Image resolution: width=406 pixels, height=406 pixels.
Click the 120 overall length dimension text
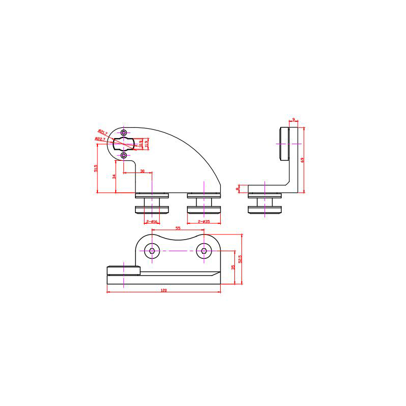pyautogui.click(x=164, y=290)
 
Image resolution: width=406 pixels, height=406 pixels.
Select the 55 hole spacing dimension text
pyautogui.click(x=178, y=228)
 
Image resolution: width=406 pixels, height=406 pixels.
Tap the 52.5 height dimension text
pyautogui.click(x=240, y=259)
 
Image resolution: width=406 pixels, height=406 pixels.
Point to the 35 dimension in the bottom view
pyautogui.click(x=232, y=267)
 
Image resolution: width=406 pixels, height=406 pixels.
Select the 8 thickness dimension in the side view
pyautogui.click(x=238, y=189)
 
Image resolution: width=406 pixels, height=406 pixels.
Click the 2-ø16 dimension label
pyautogui.click(x=152, y=222)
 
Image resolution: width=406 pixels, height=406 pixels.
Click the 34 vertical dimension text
pyautogui.click(x=114, y=177)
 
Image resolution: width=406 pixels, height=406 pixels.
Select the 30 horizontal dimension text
pyautogui.click(x=143, y=172)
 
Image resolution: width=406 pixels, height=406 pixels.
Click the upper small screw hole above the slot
pyautogui.click(x=124, y=132)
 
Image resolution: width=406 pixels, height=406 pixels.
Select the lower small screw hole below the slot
pyautogui.click(x=124, y=155)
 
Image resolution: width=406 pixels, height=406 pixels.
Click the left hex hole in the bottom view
pyautogui.click(x=152, y=250)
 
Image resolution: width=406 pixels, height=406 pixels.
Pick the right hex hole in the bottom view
pyautogui.click(x=204, y=250)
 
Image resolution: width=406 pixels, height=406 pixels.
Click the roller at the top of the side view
pyautogui.click(x=283, y=144)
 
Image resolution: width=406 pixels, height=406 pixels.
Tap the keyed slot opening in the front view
pyautogui.click(x=123, y=144)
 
